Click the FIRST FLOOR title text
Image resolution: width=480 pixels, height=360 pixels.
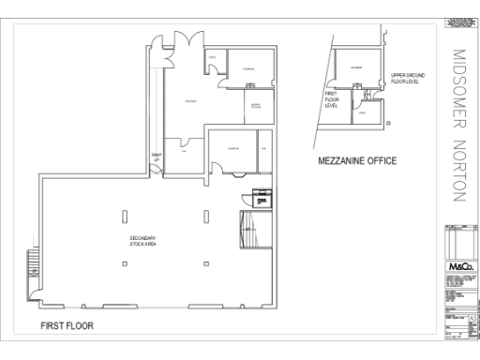click(67, 326)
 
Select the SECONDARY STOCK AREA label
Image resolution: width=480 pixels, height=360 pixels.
click(142, 241)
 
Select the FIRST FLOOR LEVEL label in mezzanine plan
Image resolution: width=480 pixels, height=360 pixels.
click(331, 99)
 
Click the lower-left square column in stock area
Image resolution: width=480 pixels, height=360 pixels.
click(125, 263)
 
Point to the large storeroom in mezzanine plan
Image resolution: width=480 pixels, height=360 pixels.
click(356, 71)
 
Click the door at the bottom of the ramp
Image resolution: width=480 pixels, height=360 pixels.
click(157, 172)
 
